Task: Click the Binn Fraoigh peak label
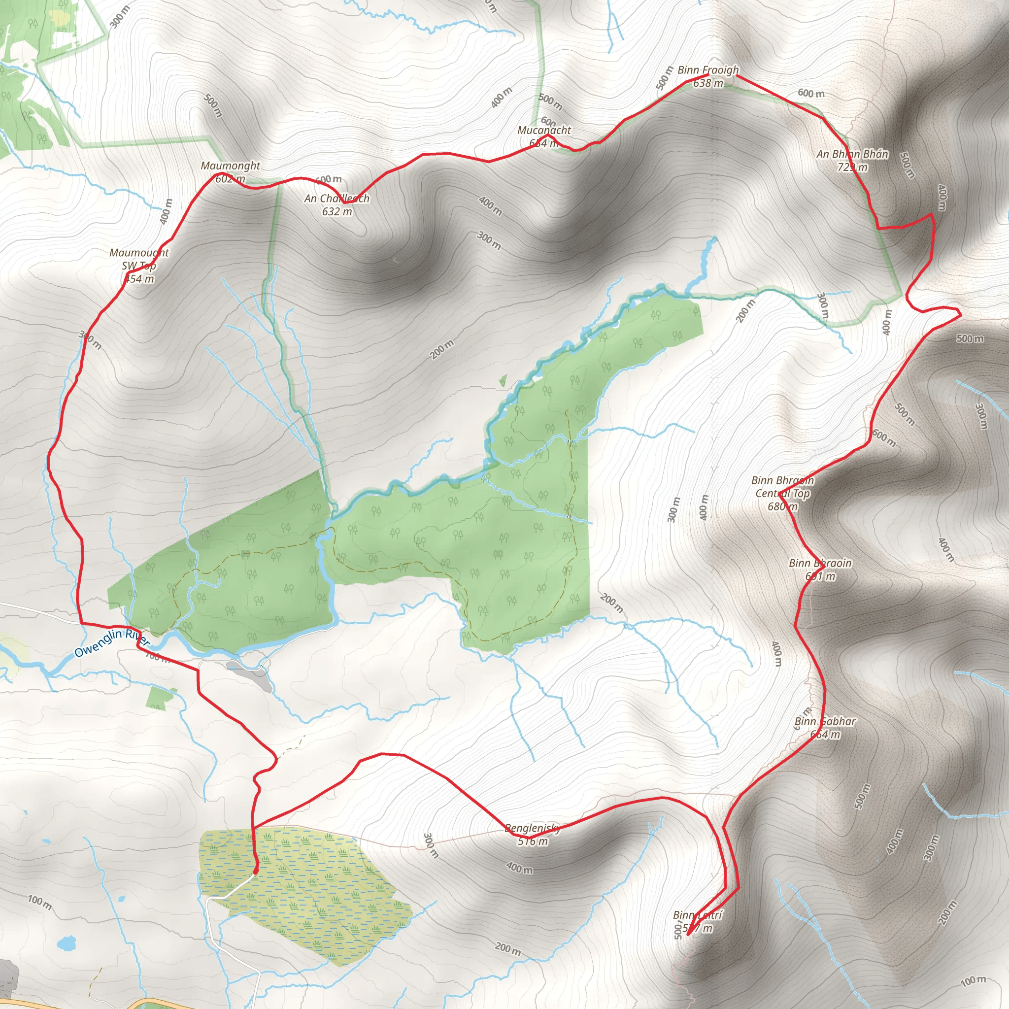[708, 76]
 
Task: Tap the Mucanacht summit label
[544, 136]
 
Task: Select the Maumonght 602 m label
[230, 172]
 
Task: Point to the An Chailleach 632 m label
[337, 205]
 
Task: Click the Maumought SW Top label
[139, 266]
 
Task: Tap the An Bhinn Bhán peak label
[852, 160]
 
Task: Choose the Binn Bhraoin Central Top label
[782, 493]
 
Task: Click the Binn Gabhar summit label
[825, 728]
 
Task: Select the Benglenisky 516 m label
[532, 834]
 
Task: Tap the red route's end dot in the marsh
[255, 871]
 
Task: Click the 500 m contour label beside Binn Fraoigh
[664, 78]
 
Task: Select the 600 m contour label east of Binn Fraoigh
[810, 94]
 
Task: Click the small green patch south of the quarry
[160, 698]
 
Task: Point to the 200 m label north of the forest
[442, 349]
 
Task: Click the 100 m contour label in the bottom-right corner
[974, 981]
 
